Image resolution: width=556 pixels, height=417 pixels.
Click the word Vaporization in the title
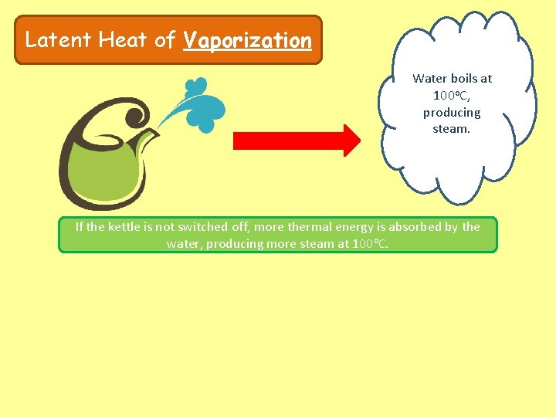pyautogui.click(x=247, y=40)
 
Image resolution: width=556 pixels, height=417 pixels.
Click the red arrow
pyautogui.click(x=297, y=141)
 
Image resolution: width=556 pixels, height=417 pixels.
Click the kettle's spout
pyautogui.click(x=148, y=137)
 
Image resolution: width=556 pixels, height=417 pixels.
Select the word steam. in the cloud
pyautogui.click(x=452, y=129)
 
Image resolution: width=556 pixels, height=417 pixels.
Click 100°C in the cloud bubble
pyautogui.click(x=451, y=95)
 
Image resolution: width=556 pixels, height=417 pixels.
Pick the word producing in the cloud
pyautogui.click(x=452, y=112)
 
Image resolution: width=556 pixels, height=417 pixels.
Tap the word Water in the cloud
pyautogui.click(x=429, y=78)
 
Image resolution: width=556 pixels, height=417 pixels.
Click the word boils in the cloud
pyautogui.click(x=463, y=78)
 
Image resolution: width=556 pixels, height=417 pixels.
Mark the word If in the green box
pyautogui.click(x=79, y=227)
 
